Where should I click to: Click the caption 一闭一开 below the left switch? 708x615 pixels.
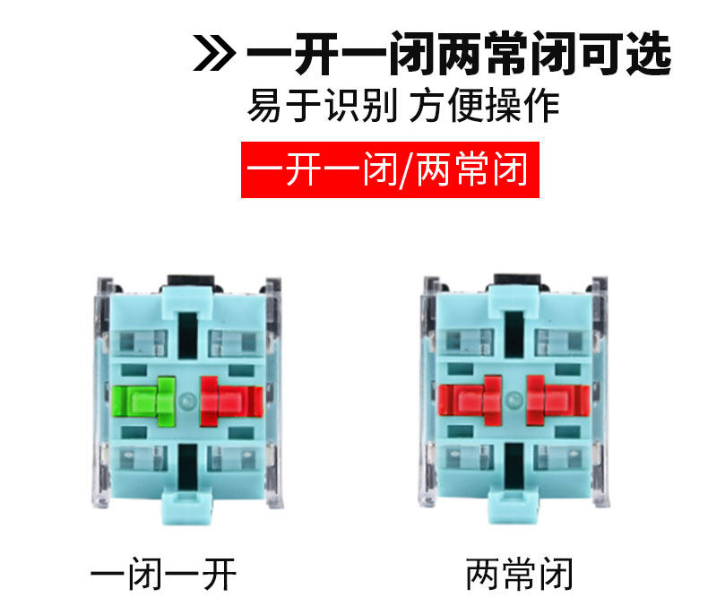164,574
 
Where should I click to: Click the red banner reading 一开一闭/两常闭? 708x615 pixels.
391,169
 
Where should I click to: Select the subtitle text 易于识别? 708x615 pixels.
323,107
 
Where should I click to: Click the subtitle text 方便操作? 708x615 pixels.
485,107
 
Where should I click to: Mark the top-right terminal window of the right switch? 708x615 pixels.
558,342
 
